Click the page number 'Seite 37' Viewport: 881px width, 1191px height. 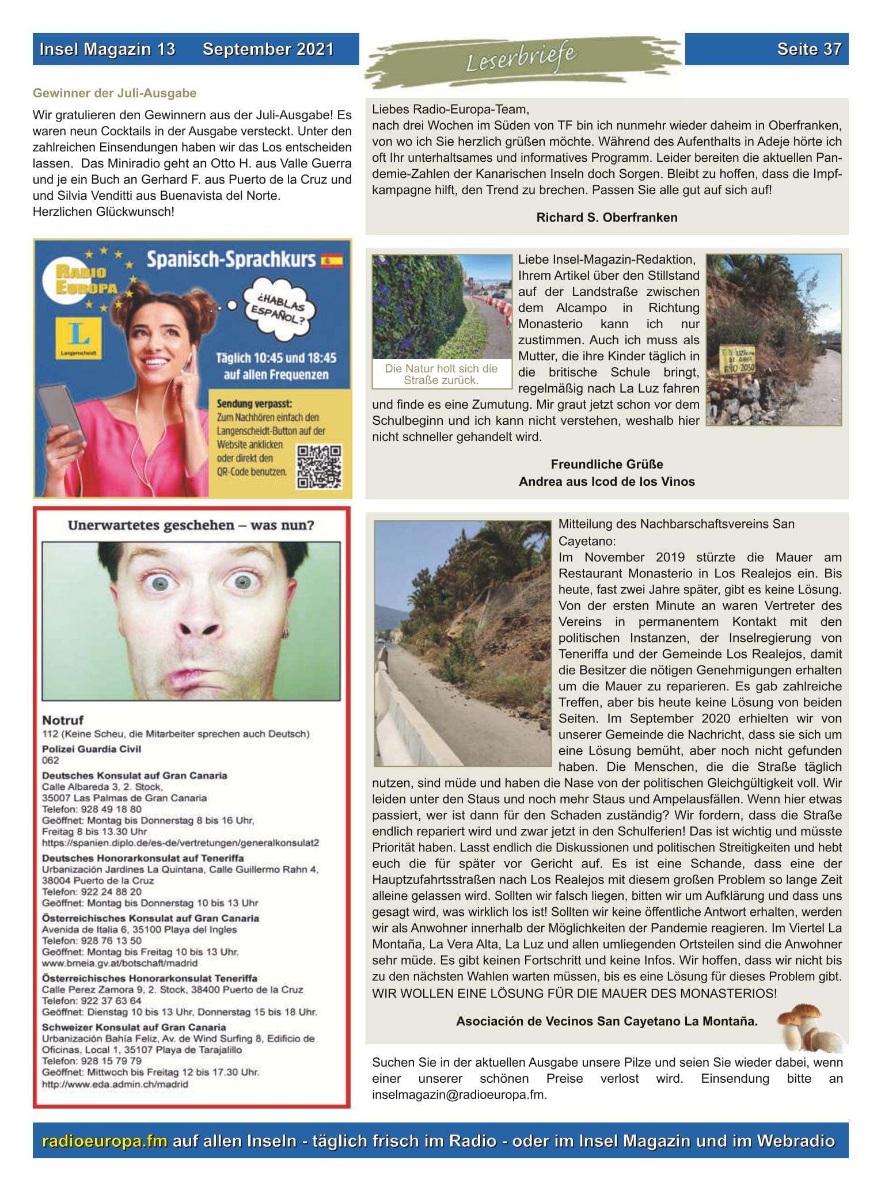tap(808, 50)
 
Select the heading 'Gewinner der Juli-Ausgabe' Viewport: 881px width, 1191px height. tap(115, 93)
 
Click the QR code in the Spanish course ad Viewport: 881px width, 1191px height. tap(319, 467)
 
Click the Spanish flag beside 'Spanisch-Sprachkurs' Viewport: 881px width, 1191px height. tap(332, 261)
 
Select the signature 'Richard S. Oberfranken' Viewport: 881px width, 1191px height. tap(606, 218)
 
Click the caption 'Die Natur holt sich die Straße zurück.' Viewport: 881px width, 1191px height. tap(441, 374)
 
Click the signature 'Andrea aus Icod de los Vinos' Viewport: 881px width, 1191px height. tap(606, 481)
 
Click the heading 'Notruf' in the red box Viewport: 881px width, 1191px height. tap(63, 720)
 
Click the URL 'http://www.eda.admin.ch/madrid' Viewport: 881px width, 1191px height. tap(115, 1084)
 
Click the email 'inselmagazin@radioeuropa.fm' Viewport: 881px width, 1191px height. tap(458, 1095)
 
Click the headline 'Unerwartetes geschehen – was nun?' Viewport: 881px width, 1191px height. tap(191, 525)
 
